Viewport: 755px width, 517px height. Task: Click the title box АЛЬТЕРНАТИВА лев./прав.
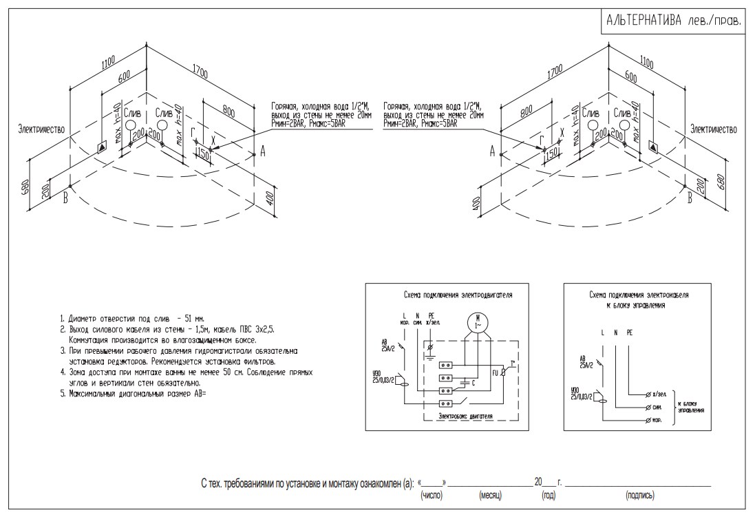[x=673, y=21]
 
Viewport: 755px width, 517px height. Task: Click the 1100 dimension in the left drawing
[x=107, y=65]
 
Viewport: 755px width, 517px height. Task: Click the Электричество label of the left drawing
[x=41, y=129]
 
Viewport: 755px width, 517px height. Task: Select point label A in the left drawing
[x=262, y=153]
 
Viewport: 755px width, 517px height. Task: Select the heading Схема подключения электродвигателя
[x=457, y=294]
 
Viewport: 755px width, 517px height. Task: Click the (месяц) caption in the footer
[x=491, y=495]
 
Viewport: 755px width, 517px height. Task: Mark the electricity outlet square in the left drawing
[x=103, y=146]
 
